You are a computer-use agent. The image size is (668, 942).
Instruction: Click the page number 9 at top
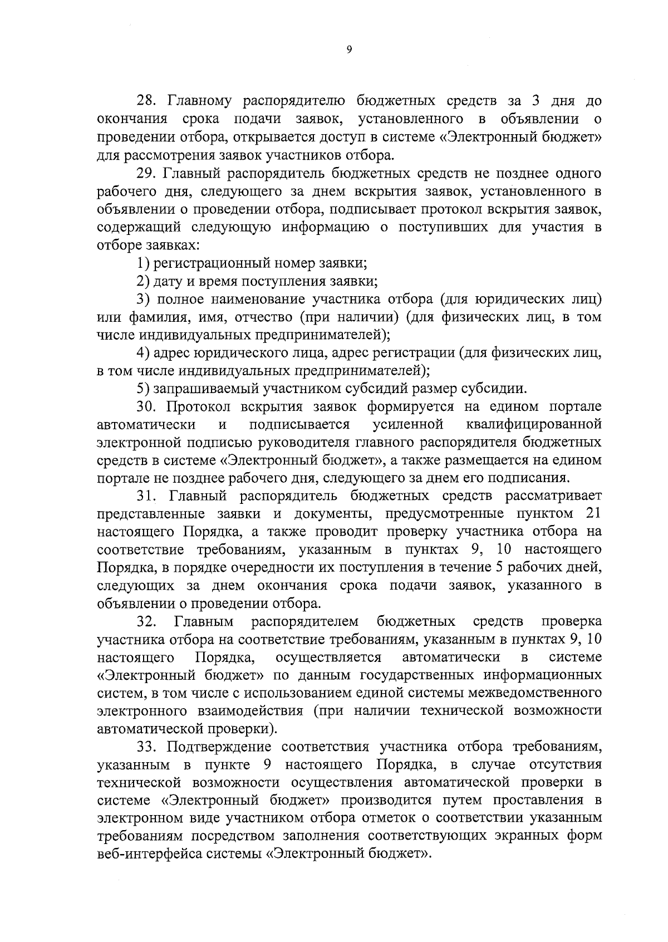pos(349,50)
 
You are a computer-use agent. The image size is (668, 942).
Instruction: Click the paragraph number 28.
pos(148,101)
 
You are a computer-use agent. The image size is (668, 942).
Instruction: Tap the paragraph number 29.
pos(148,173)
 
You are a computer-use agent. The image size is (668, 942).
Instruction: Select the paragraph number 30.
pos(148,406)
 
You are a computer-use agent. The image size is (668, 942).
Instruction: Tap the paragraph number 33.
pos(148,747)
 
